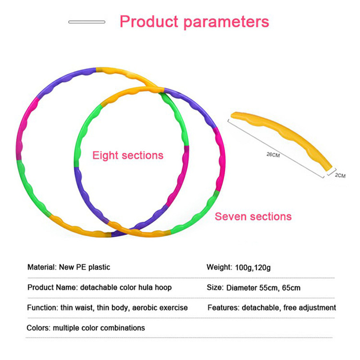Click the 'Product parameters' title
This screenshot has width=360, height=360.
click(194, 22)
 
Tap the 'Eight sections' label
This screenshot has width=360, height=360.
click(128, 156)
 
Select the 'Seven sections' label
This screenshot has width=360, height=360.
click(253, 216)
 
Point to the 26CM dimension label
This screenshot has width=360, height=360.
click(273, 154)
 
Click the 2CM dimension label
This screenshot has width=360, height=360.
click(340, 176)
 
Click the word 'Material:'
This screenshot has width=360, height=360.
click(42, 267)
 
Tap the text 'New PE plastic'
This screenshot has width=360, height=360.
click(84, 267)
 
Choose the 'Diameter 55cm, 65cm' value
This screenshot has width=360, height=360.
click(270, 288)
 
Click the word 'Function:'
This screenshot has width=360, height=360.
click(42, 307)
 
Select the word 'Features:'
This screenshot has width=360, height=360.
click(223, 307)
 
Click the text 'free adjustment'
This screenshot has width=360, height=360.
click(310, 307)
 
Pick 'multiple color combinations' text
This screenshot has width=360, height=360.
click(99, 328)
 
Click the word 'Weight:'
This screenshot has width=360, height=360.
click(219, 267)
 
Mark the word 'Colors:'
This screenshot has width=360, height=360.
click(38, 328)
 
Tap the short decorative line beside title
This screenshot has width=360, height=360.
click(87, 22)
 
